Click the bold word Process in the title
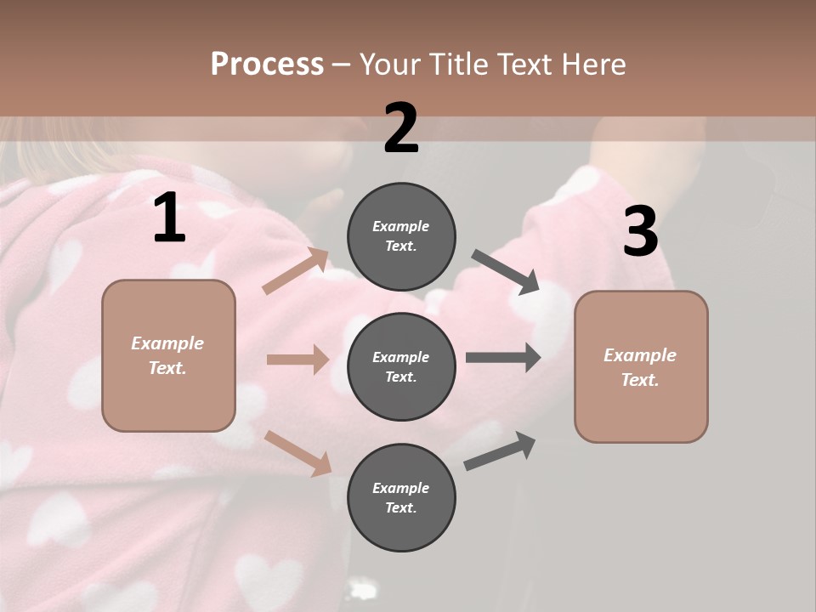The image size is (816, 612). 267,65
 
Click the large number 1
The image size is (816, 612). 169,218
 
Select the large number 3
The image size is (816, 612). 640,233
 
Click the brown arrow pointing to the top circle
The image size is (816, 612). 296,271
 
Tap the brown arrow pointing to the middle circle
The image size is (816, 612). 297,360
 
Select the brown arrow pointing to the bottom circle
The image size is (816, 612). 298,452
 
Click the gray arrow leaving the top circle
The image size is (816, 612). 506,272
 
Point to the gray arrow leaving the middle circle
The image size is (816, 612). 503,358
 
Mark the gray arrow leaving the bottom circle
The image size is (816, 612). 500,451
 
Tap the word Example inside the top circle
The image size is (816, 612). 401,227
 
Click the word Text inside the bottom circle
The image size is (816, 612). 400,508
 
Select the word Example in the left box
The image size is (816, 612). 167,343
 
